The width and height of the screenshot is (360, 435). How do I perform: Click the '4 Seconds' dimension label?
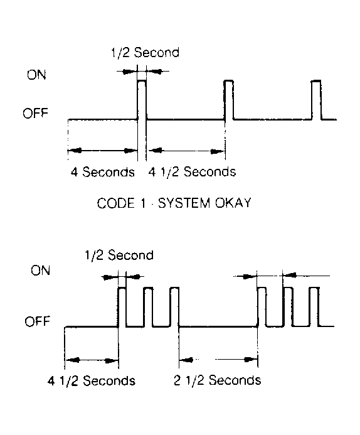(103, 171)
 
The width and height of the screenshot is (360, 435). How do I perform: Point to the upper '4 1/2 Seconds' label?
(191, 171)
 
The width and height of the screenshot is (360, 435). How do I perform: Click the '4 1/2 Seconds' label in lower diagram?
(92, 380)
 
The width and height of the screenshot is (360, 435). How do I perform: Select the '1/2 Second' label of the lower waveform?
(118, 255)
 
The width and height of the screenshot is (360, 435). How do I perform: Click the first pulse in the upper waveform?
(142, 99)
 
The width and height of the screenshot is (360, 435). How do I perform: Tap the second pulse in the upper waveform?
(229, 99)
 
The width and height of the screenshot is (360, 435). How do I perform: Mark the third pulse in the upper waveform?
(316, 99)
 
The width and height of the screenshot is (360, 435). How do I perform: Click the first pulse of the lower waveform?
(122, 306)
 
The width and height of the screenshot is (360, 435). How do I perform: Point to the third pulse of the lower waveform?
(174, 306)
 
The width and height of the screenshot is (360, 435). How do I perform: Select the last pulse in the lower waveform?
(314, 306)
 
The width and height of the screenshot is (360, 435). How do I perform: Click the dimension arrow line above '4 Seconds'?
(102, 151)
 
